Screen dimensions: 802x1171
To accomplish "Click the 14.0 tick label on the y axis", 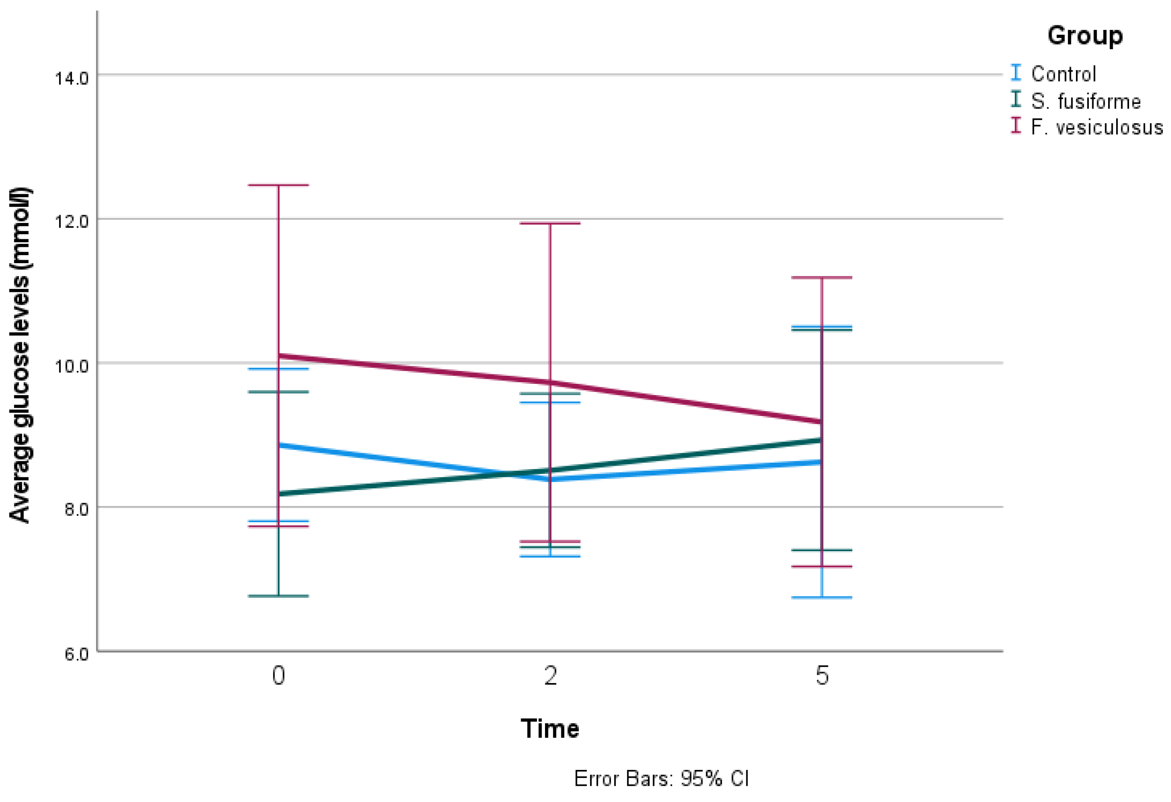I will point(72,78).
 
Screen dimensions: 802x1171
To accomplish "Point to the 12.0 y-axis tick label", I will point(72,222).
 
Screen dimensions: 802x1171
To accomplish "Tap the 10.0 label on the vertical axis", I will point(72,366).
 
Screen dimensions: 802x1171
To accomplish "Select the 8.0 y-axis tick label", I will point(76,509).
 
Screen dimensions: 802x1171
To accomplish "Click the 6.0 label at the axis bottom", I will point(76,654).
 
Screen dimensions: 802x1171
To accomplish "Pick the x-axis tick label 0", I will point(279,676).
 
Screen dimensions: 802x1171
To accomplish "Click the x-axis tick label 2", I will point(550,676).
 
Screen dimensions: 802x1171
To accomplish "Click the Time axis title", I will point(550,729).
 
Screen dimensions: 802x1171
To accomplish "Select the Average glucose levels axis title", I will point(20,355).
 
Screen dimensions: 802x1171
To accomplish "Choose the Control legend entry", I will point(1063,74).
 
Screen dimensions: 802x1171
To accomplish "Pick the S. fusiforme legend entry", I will point(1085,101).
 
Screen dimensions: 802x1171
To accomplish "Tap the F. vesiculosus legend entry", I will point(1097,128).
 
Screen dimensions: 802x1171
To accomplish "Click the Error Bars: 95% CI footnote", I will point(661,779).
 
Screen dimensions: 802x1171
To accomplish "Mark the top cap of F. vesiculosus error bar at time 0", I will point(278,185).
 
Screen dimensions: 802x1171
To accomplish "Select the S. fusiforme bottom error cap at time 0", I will point(278,597).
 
